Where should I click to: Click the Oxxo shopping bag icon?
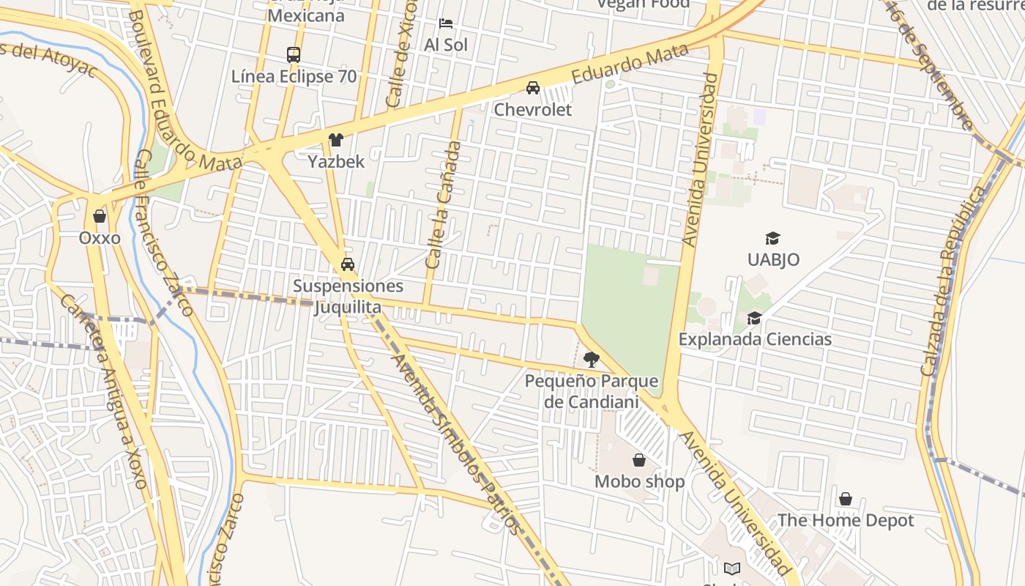click(x=100, y=216)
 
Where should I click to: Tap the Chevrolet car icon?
click(x=533, y=88)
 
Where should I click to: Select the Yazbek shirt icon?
click(x=336, y=140)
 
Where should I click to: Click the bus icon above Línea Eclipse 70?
click(x=294, y=54)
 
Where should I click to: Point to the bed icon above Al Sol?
click(x=446, y=23)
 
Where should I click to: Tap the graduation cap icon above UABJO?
click(x=772, y=238)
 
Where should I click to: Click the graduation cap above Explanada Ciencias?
click(x=754, y=318)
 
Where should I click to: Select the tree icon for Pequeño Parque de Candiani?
click(x=591, y=360)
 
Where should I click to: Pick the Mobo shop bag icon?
click(x=639, y=460)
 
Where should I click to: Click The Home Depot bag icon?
click(x=846, y=499)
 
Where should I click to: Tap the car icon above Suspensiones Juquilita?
click(x=348, y=264)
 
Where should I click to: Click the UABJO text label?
click(x=773, y=259)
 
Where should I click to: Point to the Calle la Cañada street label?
click(x=444, y=204)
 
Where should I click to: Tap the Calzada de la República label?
click(x=959, y=281)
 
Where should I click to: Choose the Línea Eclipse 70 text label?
click(x=294, y=76)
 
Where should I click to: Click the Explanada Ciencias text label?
click(x=755, y=339)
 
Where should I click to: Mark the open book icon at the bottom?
click(x=731, y=568)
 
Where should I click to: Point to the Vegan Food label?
click(x=643, y=4)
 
